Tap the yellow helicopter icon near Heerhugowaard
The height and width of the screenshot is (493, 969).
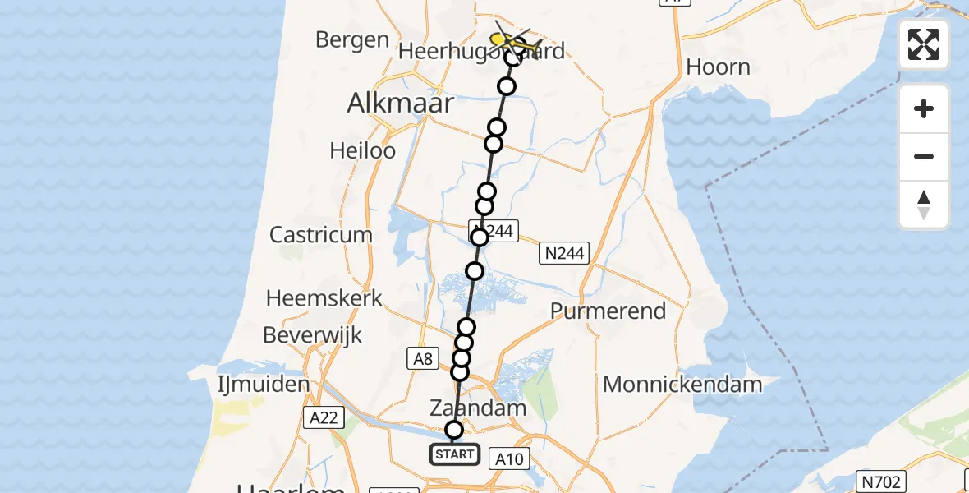(x=503, y=39)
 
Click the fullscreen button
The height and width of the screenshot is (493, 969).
(x=924, y=44)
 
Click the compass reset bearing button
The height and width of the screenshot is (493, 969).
(x=924, y=205)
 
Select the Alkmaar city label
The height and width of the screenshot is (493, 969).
(x=401, y=103)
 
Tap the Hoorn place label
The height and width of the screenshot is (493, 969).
(x=718, y=67)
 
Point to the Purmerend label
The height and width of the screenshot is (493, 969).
(x=608, y=311)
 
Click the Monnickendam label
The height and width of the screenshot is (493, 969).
(x=682, y=384)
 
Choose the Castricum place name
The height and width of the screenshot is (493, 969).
(x=321, y=234)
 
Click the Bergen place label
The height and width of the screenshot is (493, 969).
(x=351, y=39)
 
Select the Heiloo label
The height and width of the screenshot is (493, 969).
(x=362, y=150)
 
